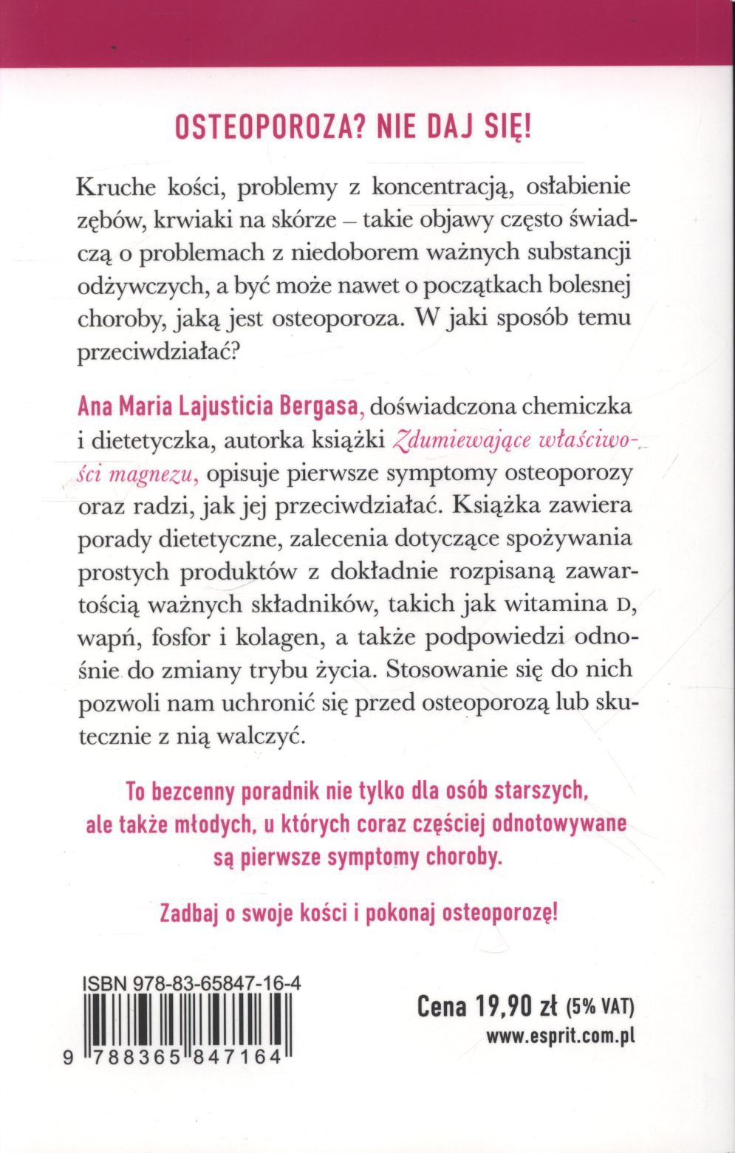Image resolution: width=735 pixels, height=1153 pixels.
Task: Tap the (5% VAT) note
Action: pos(600,1007)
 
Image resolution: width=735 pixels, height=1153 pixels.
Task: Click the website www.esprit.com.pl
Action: pos(560,1036)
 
